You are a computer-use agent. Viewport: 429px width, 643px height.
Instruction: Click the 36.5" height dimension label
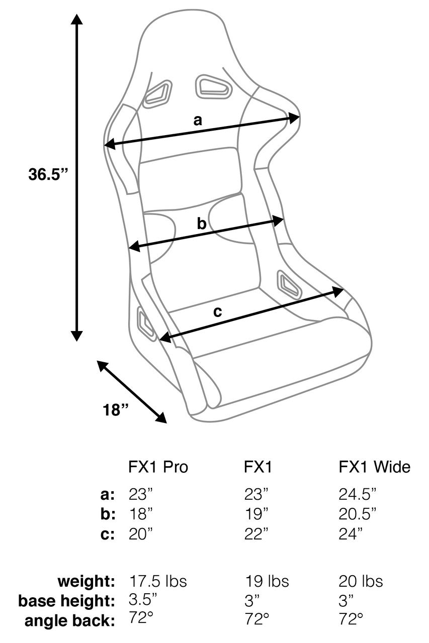coord(48,174)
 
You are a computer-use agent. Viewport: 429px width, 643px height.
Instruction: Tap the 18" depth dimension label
coord(116,410)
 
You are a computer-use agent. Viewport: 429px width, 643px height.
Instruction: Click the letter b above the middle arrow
coord(201,224)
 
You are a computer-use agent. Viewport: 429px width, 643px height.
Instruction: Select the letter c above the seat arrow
coord(217,311)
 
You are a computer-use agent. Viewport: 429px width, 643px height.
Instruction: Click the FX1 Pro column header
coord(158,467)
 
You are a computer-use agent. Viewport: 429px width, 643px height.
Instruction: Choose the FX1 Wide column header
coord(374,467)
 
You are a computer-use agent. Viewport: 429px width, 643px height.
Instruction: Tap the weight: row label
coord(86,581)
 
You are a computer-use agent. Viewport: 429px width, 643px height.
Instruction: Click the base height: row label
coord(67,600)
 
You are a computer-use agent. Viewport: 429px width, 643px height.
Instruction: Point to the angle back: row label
coord(70,620)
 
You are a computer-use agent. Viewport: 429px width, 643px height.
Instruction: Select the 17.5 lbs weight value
coord(158,581)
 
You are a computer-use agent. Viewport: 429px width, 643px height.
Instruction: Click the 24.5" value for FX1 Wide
coord(358,494)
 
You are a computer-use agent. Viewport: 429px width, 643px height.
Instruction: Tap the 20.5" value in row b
coord(358,513)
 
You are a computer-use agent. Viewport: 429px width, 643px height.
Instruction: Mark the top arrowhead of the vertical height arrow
coord(76,19)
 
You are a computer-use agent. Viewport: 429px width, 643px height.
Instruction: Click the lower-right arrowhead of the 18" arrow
coord(161,417)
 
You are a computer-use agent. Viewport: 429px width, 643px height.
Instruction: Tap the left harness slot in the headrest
coord(156,94)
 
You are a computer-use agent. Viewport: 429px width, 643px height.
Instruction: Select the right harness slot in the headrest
coord(214,87)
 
